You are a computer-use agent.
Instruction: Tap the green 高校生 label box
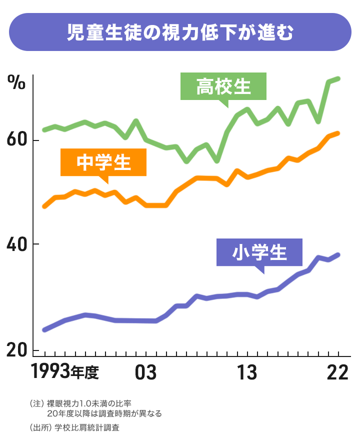coord(223,87)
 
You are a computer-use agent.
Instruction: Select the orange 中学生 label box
coord(103,162)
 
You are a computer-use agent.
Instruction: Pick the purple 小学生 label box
coord(259,252)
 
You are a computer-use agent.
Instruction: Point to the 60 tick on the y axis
coord(16,140)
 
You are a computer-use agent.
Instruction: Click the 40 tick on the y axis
coord(16,244)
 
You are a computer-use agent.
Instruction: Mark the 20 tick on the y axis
coord(16,350)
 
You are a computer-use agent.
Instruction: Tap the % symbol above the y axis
coord(16,83)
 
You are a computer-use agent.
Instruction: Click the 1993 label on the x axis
coord(50,372)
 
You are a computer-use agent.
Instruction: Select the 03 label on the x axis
coord(145,373)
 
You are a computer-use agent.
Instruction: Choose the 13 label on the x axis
coord(246,373)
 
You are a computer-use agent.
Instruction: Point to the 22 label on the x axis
coord(337,373)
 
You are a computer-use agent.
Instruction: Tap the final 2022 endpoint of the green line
coord(338,78)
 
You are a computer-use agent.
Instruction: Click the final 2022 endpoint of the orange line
coord(338,133)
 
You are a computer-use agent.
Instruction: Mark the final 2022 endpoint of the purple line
coord(338,255)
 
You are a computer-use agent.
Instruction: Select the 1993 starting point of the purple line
coord(44,330)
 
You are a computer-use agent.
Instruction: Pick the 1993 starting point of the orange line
coord(44,206)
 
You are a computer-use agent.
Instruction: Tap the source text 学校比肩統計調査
coord(83,428)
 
